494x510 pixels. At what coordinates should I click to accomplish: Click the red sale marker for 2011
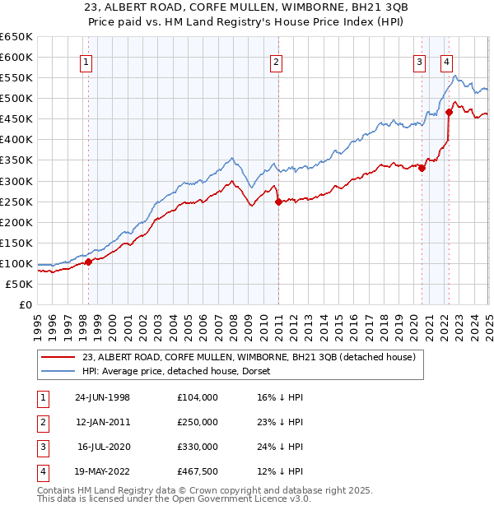278,201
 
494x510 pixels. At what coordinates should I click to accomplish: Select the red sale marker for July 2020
422,168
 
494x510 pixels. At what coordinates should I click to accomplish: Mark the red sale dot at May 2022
450,112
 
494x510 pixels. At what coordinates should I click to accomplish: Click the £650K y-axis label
16,37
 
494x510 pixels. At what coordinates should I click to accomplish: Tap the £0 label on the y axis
25,304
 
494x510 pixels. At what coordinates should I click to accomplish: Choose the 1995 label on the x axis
38,321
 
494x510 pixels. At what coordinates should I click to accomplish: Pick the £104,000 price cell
198,397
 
